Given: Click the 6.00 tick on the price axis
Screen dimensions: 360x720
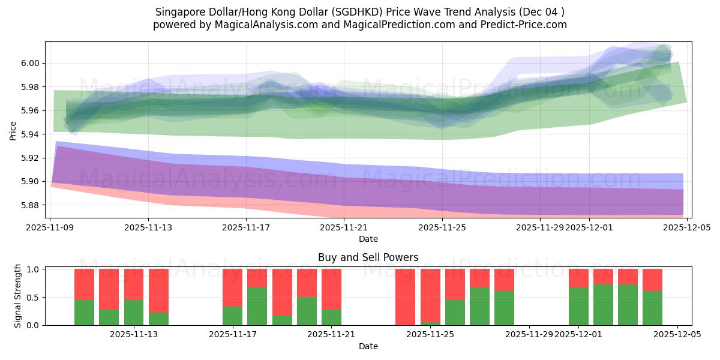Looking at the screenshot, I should click(31, 63).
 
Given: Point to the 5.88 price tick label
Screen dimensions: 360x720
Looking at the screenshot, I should click(31, 205).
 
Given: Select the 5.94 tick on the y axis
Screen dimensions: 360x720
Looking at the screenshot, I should click(31, 134).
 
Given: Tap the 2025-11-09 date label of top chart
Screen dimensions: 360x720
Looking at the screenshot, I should click(50, 227).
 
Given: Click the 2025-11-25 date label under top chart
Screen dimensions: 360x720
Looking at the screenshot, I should click(442, 227).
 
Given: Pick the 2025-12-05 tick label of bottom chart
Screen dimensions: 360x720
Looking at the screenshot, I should click(677, 335).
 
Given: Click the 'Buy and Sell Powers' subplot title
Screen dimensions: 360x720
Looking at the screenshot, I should click(368, 257).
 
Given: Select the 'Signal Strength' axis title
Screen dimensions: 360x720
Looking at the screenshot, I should click(18, 296).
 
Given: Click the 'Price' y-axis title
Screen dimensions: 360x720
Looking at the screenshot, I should click(13, 130).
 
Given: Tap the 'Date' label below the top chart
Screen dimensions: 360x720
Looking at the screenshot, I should click(368, 239).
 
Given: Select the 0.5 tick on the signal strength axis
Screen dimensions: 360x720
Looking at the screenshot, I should click(34, 297).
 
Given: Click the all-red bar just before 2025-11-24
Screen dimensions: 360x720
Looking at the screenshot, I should click(405, 297).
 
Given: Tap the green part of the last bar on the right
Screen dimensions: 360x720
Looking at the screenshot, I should click(652, 308).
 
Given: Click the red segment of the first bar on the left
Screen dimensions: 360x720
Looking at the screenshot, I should click(84, 284).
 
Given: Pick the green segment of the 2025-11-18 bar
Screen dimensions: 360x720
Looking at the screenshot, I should click(257, 306).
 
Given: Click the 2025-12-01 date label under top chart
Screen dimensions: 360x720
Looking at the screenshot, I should click(589, 227).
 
